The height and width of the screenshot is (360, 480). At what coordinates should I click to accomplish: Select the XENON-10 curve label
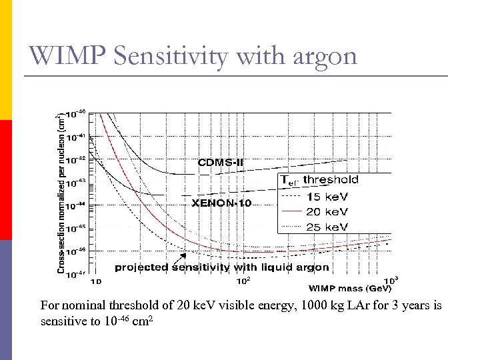tap(221, 203)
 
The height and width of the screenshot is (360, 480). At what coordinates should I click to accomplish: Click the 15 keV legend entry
tap(327, 196)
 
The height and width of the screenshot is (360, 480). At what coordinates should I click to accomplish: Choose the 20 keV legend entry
tap(327, 211)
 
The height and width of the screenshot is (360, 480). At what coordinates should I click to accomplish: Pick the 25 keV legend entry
tap(327, 227)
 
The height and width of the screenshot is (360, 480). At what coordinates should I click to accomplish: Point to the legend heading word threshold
tap(331, 179)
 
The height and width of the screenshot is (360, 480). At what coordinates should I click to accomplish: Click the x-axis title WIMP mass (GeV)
tap(349, 289)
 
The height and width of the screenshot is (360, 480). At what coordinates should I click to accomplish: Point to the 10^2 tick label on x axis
tap(244, 280)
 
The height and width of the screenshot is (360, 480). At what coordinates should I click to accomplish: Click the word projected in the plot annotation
tap(142, 267)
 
